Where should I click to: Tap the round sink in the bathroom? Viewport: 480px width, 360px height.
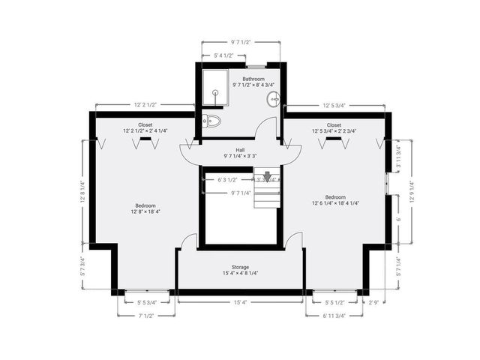point(274,97)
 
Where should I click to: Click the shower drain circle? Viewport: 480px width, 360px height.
point(215,92)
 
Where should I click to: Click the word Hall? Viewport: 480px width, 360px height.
point(239,149)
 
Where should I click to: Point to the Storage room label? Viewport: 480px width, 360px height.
point(239,267)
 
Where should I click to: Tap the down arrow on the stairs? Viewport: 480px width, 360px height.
point(266,178)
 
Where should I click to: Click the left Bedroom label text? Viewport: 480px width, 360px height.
point(145,205)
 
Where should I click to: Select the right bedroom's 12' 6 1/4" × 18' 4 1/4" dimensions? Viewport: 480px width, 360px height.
point(334,211)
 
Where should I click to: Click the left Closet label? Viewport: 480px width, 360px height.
point(145,124)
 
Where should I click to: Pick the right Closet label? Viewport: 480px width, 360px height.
point(334,124)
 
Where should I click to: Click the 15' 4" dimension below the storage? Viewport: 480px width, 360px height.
point(240,302)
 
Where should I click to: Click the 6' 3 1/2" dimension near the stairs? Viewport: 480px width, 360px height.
point(227,180)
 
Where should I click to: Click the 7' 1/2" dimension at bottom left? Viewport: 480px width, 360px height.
point(146,316)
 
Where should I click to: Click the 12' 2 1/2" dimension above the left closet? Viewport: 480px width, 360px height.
point(145,105)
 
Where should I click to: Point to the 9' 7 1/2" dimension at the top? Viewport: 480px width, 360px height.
point(241,43)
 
